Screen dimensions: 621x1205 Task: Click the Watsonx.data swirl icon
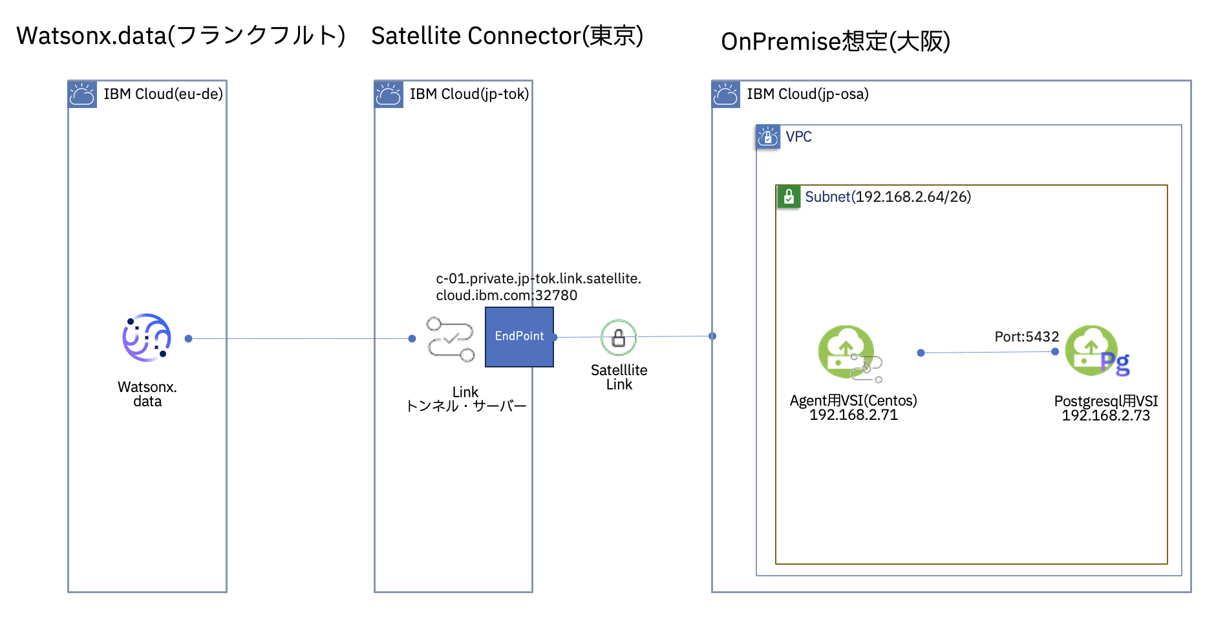tap(147, 337)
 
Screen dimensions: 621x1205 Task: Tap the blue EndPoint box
tap(519, 336)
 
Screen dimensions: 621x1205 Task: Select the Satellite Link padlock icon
tap(619, 338)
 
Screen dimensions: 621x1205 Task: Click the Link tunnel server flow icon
tap(450, 339)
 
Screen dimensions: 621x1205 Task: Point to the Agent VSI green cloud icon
tap(847, 351)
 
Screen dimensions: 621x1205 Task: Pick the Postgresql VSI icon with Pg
tap(1096, 351)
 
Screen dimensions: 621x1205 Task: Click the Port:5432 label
tap(1026, 336)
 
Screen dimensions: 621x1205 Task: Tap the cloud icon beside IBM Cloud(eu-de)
tap(82, 94)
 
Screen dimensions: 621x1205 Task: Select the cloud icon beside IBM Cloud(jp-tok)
tap(389, 94)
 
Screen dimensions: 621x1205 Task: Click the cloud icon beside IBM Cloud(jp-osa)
tap(725, 94)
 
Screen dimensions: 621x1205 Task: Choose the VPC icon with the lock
tap(768, 136)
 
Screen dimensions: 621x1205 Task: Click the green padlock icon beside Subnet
tap(789, 197)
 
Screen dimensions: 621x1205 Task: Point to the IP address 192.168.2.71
tap(853, 415)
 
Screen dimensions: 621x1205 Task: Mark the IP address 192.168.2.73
tap(1105, 416)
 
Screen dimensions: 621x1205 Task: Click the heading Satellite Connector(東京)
tap(507, 36)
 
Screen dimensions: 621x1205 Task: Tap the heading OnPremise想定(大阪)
tap(835, 41)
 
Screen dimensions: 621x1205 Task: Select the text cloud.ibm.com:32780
tap(506, 296)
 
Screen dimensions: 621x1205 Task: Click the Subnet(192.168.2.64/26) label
tap(888, 197)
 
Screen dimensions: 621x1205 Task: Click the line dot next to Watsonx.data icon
tap(188, 338)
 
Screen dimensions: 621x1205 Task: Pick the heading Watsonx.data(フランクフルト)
tap(180, 36)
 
